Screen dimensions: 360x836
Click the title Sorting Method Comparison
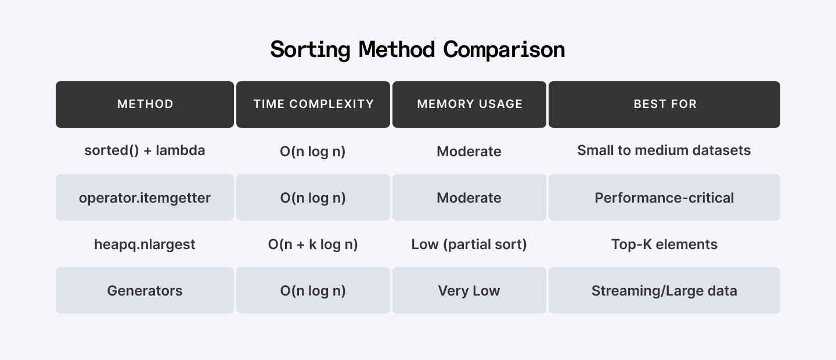click(x=417, y=49)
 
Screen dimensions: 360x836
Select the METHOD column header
click(x=145, y=105)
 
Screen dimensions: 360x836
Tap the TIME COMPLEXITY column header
click(x=313, y=105)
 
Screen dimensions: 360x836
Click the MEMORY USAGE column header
click(x=470, y=105)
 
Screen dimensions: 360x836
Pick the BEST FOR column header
click(x=665, y=105)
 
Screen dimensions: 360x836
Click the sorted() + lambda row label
click(x=145, y=150)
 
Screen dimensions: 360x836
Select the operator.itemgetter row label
click(x=145, y=197)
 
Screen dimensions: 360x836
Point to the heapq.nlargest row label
click(x=145, y=244)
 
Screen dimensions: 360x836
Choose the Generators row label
click(x=145, y=290)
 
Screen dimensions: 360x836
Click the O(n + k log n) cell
click(x=313, y=244)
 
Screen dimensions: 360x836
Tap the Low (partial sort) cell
click(x=469, y=244)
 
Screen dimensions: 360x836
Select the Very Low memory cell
click(x=469, y=290)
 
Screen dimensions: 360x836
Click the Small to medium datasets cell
click(x=664, y=150)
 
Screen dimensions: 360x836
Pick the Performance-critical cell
click(x=664, y=197)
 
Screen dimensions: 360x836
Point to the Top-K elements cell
click(x=664, y=244)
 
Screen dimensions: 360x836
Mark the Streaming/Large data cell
click(x=664, y=290)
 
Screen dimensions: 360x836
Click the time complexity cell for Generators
click(x=313, y=290)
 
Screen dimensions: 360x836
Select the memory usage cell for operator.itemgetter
click(x=469, y=197)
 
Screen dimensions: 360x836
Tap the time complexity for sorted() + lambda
click(x=313, y=151)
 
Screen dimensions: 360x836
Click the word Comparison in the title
click(x=504, y=49)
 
